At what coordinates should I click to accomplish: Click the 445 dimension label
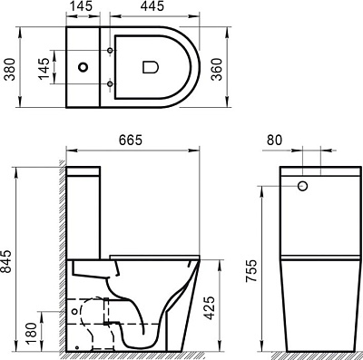click(152, 8)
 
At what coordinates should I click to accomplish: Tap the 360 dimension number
click(217, 65)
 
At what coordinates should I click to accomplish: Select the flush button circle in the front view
click(302, 187)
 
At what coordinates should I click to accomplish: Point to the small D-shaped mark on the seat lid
click(151, 66)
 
